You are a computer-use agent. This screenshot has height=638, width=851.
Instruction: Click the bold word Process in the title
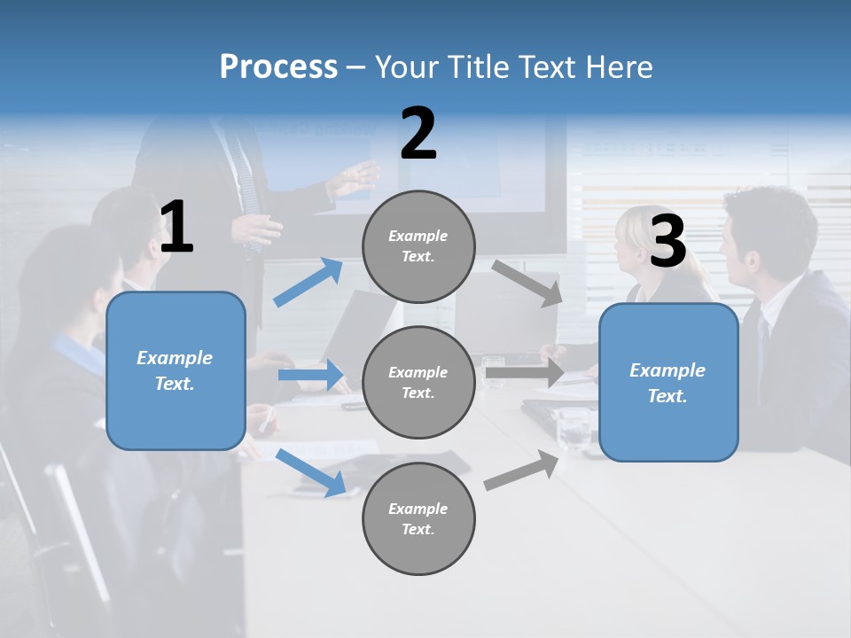click(278, 67)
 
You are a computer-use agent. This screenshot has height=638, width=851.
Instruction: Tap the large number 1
click(176, 228)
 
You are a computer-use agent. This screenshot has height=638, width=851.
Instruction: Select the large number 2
click(418, 134)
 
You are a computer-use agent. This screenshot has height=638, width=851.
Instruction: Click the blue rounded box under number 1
click(176, 370)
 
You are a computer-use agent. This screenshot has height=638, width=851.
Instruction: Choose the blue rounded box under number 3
click(668, 382)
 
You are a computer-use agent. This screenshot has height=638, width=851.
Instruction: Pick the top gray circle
click(418, 246)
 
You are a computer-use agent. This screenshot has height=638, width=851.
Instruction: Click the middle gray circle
click(418, 382)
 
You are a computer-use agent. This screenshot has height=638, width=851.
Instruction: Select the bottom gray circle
click(418, 518)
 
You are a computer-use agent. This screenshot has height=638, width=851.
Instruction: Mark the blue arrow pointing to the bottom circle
click(311, 472)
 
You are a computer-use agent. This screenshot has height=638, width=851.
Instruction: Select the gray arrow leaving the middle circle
click(525, 373)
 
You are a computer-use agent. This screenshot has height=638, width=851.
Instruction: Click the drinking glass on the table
click(573, 430)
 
